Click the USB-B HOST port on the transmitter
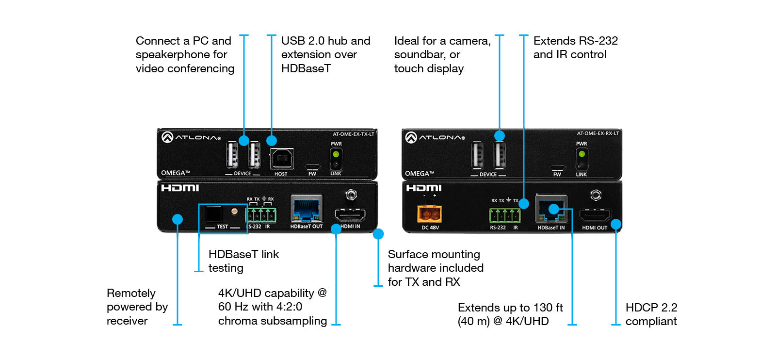pos(281,159)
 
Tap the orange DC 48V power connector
pos(429,213)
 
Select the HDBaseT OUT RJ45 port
pos(306,209)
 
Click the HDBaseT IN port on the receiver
pos(551,209)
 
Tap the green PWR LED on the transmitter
pos(336,154)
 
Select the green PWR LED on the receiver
pos(582,154)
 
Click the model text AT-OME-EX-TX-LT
pos(353,134)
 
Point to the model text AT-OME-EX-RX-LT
pos(598,133)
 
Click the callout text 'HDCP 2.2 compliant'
pos(651,314)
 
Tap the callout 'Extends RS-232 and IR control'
pos(575,48)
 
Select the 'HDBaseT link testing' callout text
pos(243,261)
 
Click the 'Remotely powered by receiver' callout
pos(137,307)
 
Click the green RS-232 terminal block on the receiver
pos(505,214)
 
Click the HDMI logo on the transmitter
pos(180,188)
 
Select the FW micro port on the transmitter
pos(312,166)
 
